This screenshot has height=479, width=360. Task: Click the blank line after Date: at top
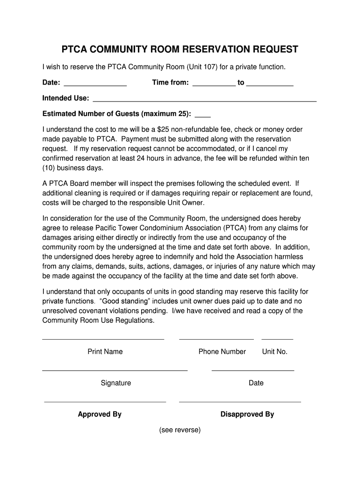[x=95, y=86]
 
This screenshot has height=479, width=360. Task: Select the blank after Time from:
[x=214, y=86]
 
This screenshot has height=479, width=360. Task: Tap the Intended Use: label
[x=66, y=98]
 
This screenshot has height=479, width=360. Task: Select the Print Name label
[x=105, y=352]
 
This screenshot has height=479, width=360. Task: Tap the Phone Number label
[x=222, y=352]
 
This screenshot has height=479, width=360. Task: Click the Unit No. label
[x=275, y=352]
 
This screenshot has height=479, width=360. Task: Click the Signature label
[x=116, y=383]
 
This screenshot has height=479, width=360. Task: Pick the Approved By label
[x=100, y=414]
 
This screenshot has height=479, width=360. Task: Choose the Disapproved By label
[x=247, y=414]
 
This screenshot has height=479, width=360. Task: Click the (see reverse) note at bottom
[x=180, y=430]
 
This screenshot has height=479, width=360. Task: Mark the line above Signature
[x=115, y=370]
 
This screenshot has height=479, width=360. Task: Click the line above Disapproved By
[x=240, y=402]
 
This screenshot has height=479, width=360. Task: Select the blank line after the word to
[x=270, y=86]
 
